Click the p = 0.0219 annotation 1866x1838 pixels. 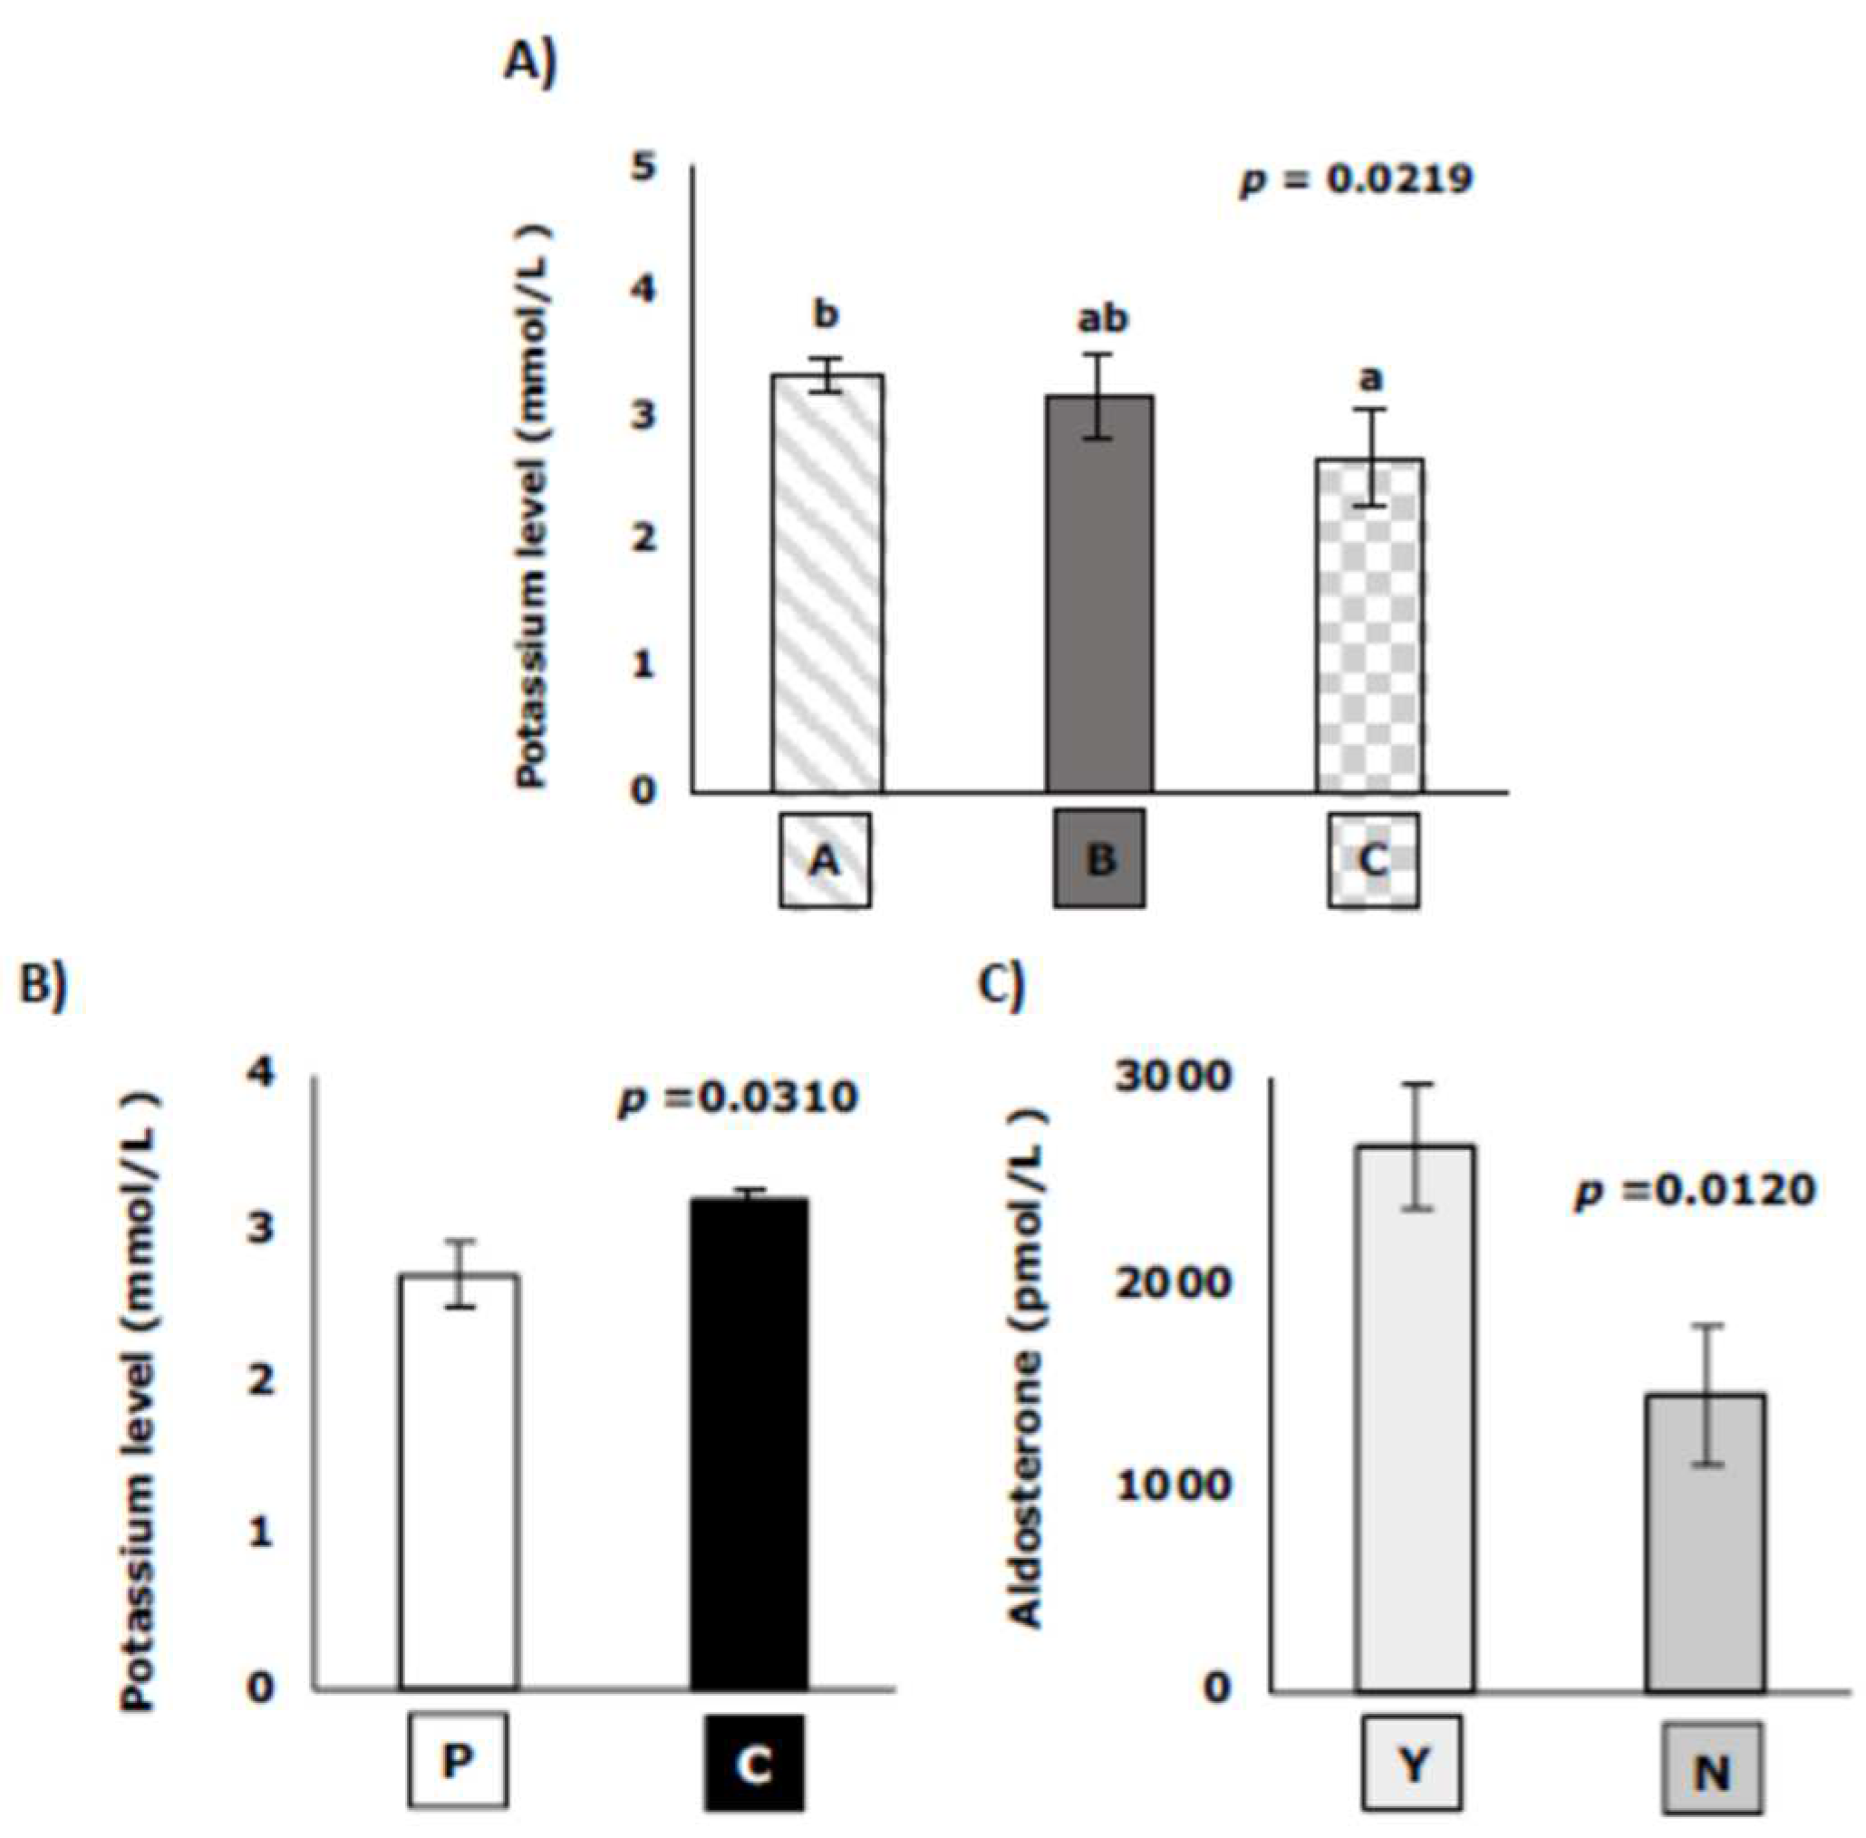point(1357,179)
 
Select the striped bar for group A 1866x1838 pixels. point(827,583)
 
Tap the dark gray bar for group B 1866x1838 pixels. point(1099,593)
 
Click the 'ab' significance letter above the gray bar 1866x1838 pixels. point(1101,318)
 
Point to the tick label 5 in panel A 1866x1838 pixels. point(643,168)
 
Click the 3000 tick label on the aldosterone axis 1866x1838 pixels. point(1174,1077)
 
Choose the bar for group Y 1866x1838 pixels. point(1414,1419)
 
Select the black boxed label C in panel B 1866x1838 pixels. point(753,1764)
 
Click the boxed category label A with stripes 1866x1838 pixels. point(825,859)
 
